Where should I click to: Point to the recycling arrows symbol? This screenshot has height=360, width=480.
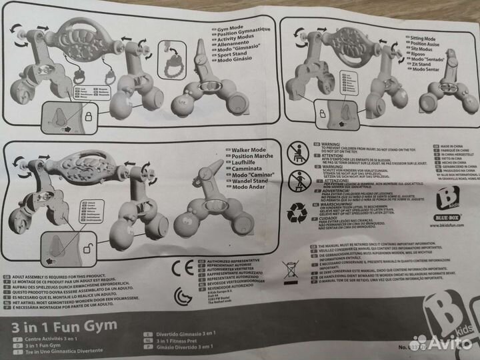coord(297,213)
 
